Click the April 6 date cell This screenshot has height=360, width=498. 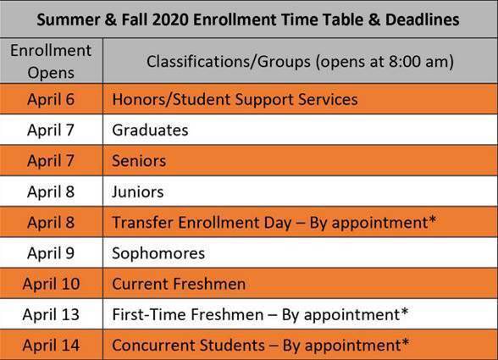[x=51, y=99]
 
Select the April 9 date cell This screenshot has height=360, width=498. [x=51, y=252]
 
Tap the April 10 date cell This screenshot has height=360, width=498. [x=51, y=284]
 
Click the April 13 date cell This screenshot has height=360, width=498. [x=51, y=314]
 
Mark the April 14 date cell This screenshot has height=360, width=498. [x=51, y=345]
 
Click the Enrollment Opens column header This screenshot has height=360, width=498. [x=52, y=60]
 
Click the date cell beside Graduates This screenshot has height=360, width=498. [x=51, y=130]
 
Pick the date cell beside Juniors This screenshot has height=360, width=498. [x=51, y=191]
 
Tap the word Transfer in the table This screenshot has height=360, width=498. [x=141, y=222]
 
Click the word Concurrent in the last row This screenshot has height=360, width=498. [x=152, y=345]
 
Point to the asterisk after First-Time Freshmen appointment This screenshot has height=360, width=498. [x=404, y=312]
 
